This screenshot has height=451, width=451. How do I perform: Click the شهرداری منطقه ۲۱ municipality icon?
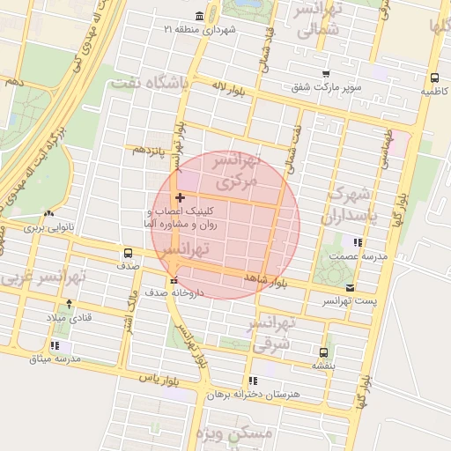pyautogui.click(x=201, y=17)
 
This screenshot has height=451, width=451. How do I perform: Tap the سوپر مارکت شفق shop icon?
pyautogui.click(x=326, y=74)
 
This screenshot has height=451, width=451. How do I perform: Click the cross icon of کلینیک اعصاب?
pyautogui.click(x=181, y=198)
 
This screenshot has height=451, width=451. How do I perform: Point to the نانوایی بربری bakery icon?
pyautogui.click(x=48, y=214)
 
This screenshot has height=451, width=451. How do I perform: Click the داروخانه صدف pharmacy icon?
pyautogui.click(x=173, y=279)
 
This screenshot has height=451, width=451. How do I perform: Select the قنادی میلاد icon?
pyautogui.click(x=58, y=304)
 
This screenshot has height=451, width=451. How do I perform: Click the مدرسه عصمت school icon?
pyautogui.click(x=357, y=242)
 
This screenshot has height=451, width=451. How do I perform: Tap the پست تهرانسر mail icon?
pyautogui.click(x=351, y=288)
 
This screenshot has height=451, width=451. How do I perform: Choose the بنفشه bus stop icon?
pyautogui.click(x=324, y=351)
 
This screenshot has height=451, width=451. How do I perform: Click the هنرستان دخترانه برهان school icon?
pyautogui.click(x=253, y=381)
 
